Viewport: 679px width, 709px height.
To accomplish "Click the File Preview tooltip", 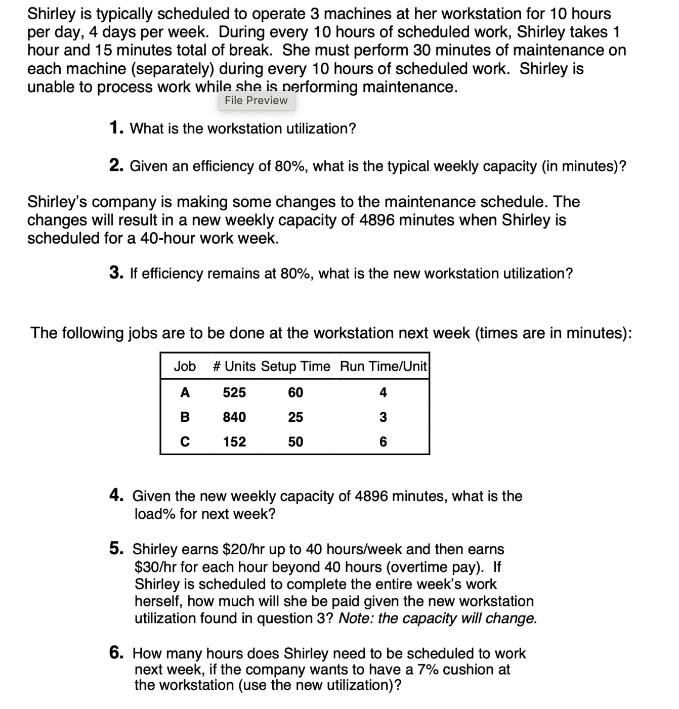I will coord(256,101).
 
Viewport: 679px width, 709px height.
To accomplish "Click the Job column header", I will coord(185,366).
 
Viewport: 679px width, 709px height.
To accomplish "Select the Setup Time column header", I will coord(295,366).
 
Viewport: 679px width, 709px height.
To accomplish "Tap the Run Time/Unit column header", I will coord(383,366).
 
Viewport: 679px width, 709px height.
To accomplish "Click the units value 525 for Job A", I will coord(234,392).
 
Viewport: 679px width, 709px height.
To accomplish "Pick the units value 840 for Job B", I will coord(234,417).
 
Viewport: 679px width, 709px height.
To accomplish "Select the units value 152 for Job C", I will coord(234,441).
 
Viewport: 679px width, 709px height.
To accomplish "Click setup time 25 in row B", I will coord(295,417).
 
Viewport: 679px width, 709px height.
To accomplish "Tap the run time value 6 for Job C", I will coord(383,442).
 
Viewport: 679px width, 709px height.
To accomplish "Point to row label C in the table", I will coord(185,442).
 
